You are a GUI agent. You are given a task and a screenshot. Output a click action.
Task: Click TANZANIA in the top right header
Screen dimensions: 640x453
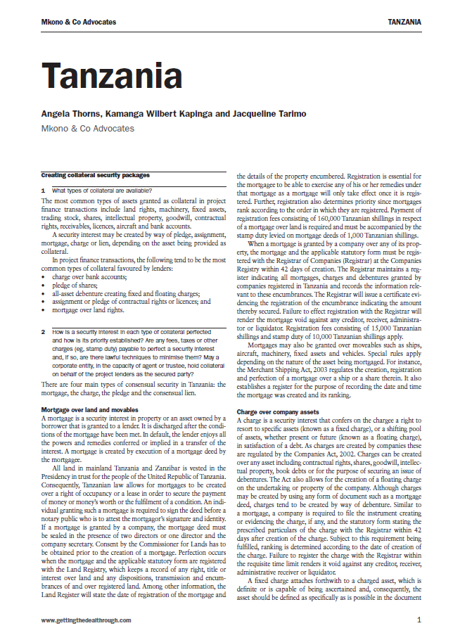click(404, 22)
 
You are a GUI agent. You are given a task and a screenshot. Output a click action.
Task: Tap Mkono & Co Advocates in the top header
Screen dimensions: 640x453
click(79, 22)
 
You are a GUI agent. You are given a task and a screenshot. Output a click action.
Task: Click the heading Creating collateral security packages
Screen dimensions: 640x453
click(95, 175)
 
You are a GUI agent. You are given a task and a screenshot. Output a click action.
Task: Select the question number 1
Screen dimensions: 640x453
click(44, 191)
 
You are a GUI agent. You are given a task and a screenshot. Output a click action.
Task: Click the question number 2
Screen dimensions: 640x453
click(44, 331)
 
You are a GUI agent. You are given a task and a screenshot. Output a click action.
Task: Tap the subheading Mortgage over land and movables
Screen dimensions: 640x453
click(89, 409)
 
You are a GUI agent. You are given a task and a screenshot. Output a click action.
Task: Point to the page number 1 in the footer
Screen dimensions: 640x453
click(419, 620)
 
